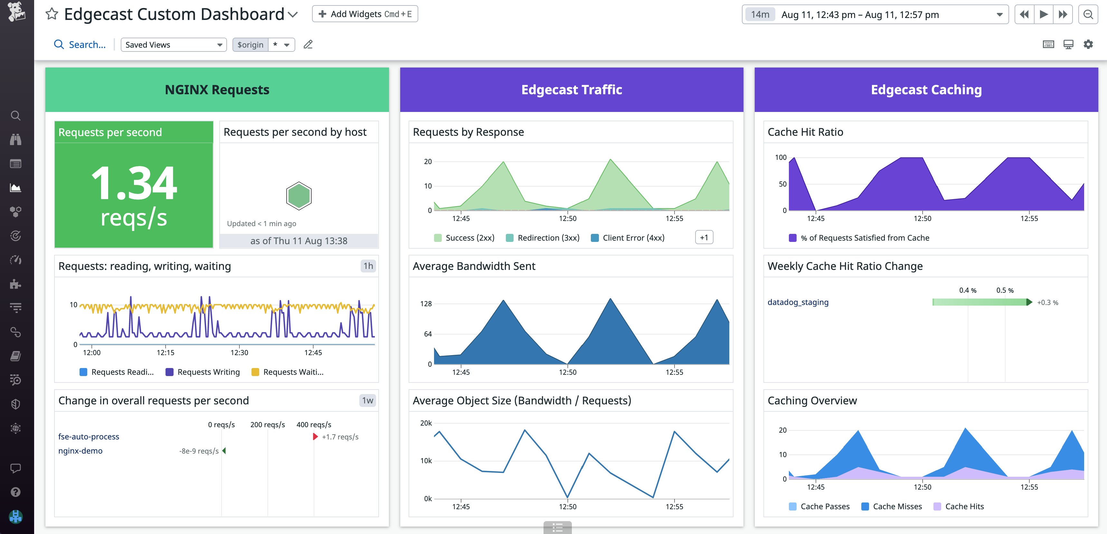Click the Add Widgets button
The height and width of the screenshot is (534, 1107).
point(364,14)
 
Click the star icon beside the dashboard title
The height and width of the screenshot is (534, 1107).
point(52,14)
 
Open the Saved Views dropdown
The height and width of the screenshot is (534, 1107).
point(174,45)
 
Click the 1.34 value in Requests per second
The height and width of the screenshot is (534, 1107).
point(134,184)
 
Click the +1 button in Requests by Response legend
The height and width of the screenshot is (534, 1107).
point(704,237)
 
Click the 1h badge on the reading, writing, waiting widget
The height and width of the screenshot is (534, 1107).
point(368,266)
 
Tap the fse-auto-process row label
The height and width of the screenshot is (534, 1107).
point(89,437)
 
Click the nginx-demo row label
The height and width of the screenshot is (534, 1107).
point(80,451)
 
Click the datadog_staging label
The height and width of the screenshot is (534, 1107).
point(798,302)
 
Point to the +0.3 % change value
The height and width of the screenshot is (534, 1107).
point(1047,303)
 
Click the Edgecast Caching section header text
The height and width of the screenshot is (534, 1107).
point(926,90)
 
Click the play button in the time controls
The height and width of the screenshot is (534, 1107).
point(1043,14)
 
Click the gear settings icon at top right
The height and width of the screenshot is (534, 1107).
point(1088,44)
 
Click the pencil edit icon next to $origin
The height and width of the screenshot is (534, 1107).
point(308,45)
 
